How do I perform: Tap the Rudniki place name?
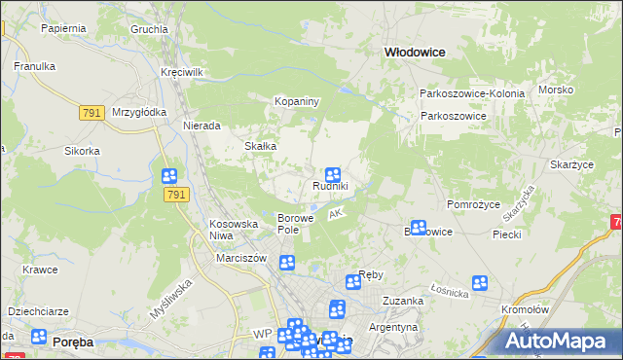click(x=330, y=186)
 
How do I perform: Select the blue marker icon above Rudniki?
click(x=331, y=173)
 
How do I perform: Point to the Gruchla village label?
click(x=150, y=29)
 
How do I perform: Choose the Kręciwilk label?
click(x=181, y=73)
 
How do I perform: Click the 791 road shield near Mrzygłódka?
click(x=92, y=113)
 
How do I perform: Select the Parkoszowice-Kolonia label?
click(x=472, y=93)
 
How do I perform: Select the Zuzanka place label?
click(x=403, y=302)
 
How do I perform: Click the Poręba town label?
click(x=73, y=342)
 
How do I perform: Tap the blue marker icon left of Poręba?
click(x=39, y=337)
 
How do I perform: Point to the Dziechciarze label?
click(x=37, y=311)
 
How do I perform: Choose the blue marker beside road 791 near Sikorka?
click(x=169, y=176)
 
